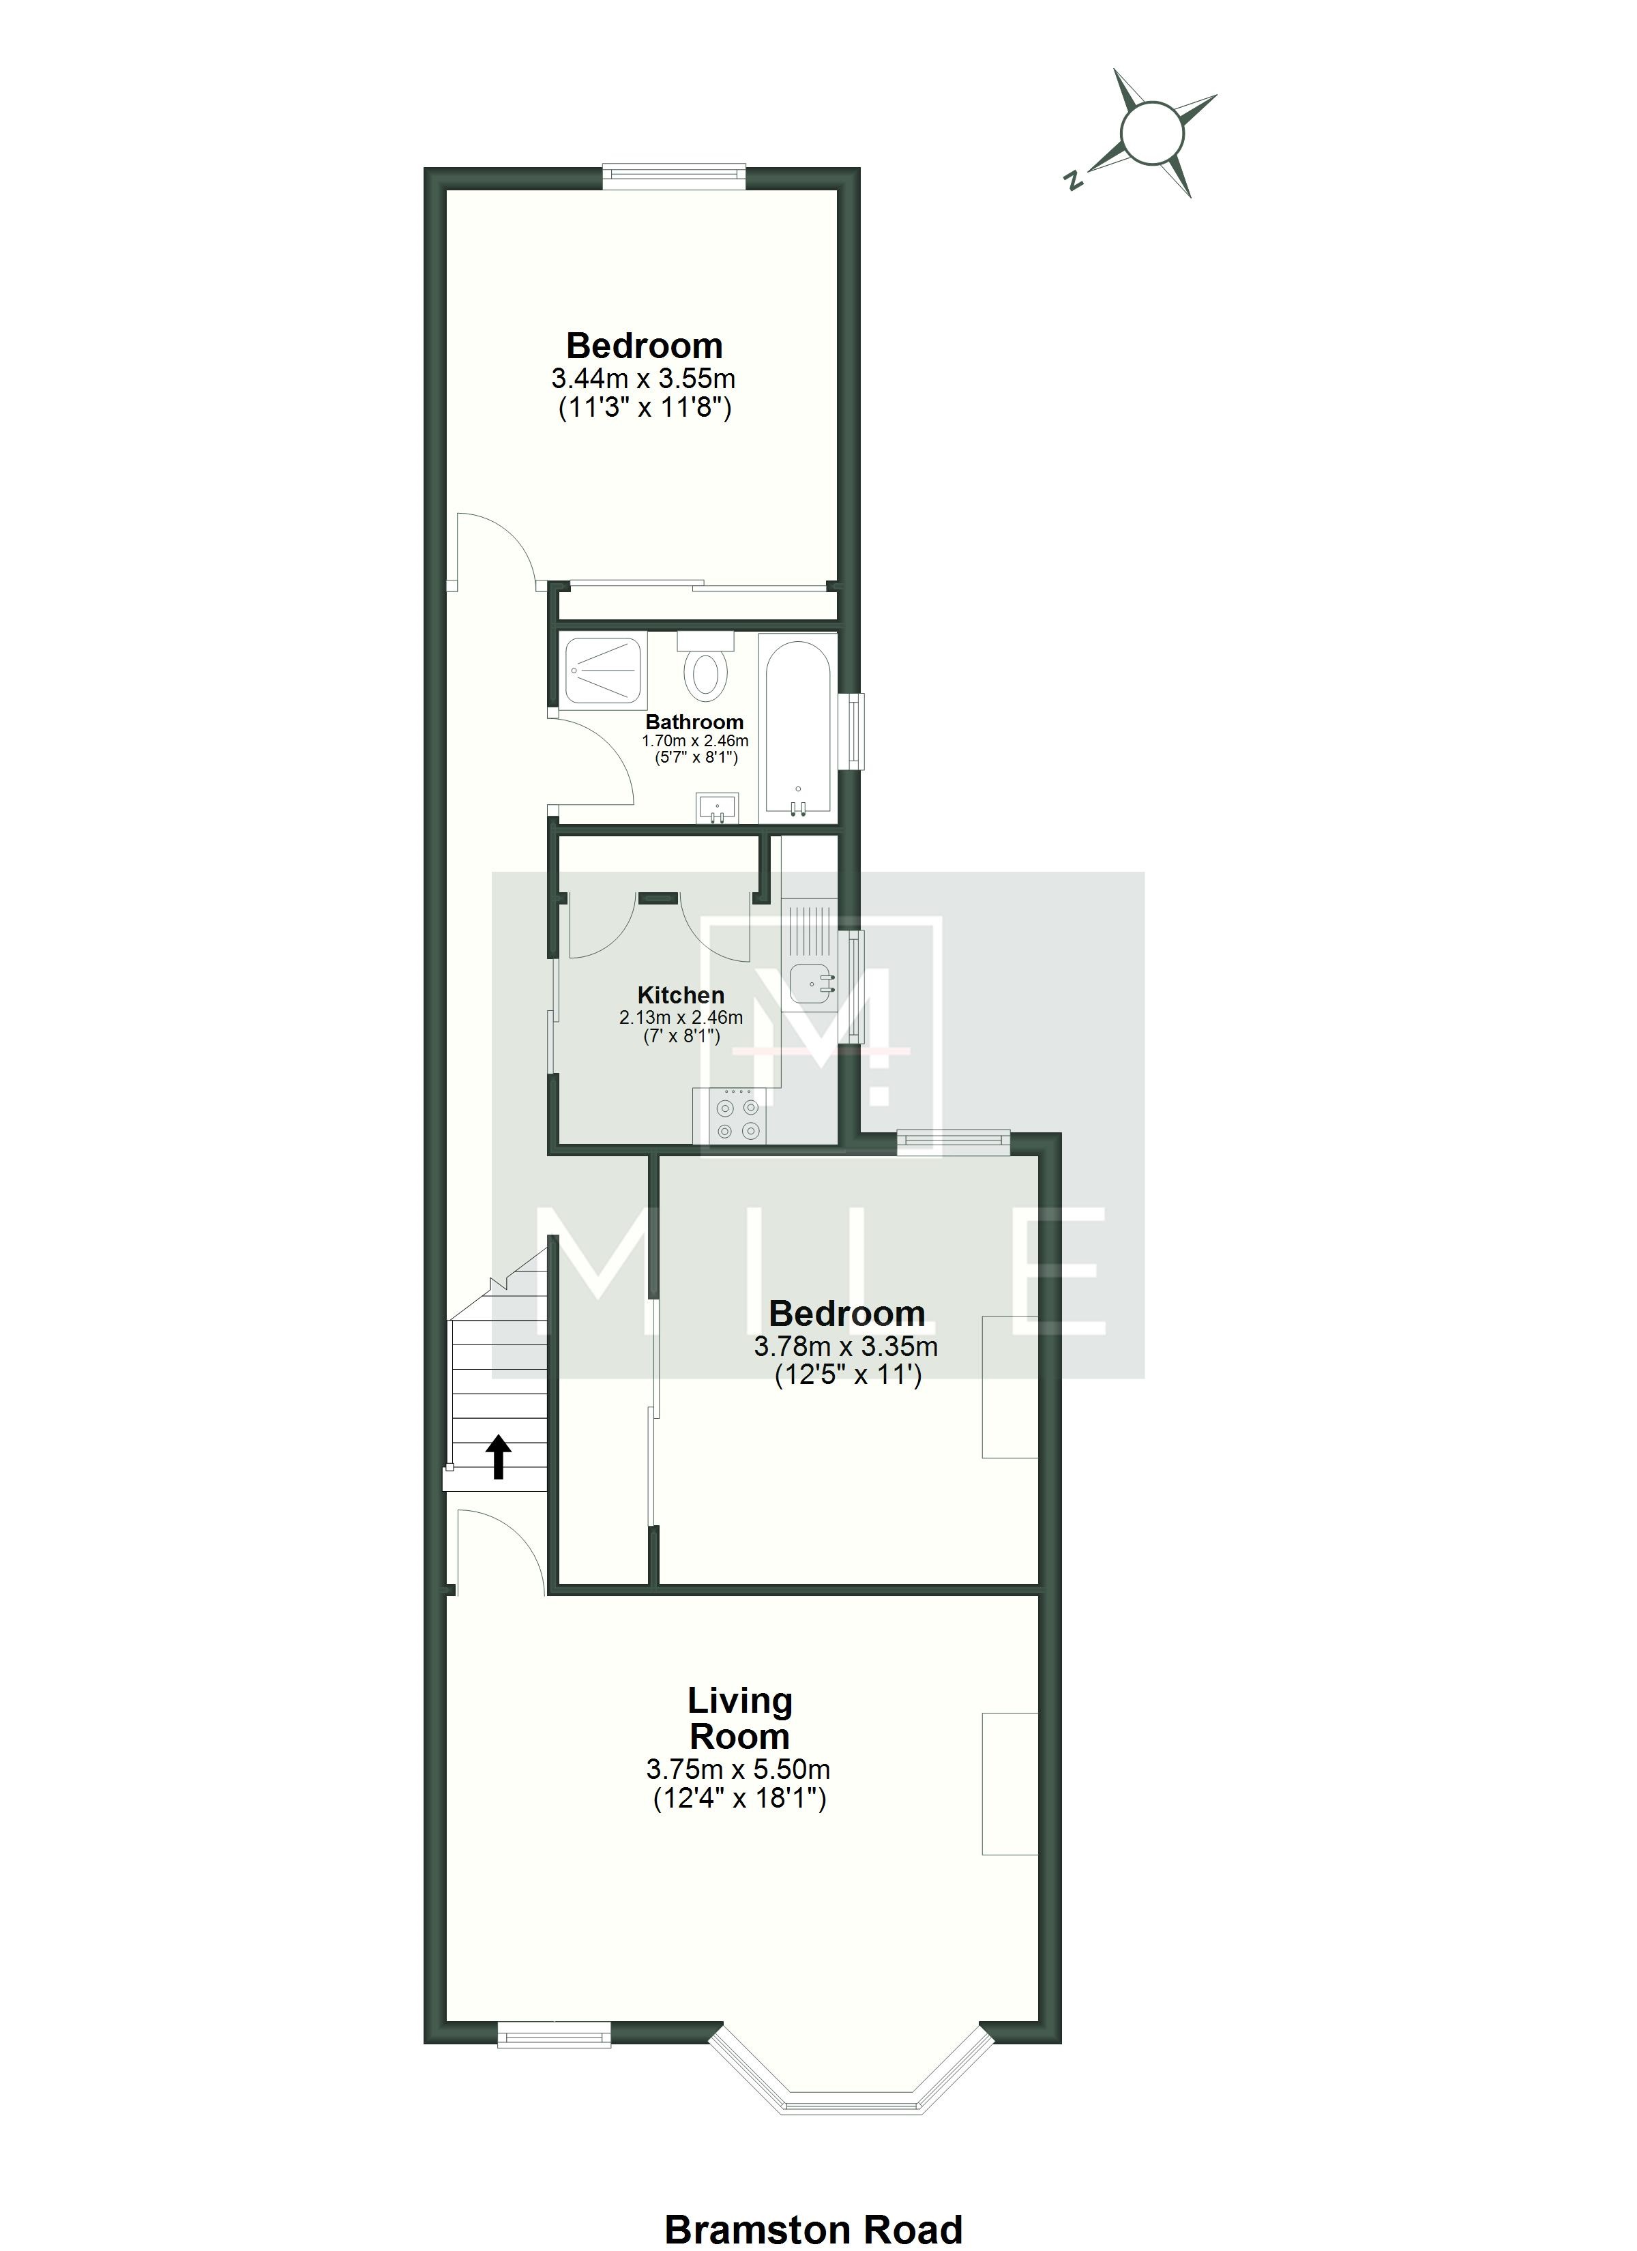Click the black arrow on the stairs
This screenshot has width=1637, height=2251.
[x=499, y=1456]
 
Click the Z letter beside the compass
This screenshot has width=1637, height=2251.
[x=1072, y=181]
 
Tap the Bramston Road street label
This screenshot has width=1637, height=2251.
[x=813, y=2221]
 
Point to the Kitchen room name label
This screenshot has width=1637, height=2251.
[x=681, y=995]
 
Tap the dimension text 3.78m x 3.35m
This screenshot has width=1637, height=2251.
[x=846, y=1347]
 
